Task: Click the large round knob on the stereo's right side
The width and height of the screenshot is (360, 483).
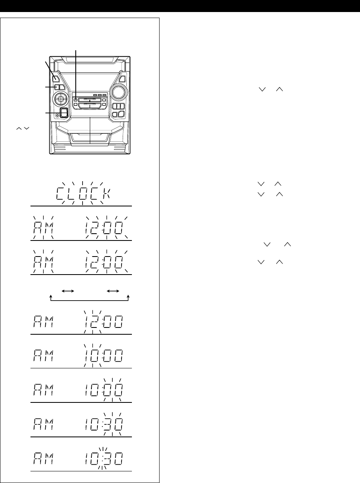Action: coord(119,92)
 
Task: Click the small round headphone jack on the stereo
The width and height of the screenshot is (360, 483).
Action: coord(57,115)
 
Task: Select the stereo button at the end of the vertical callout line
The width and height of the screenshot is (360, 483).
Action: coord(76,100)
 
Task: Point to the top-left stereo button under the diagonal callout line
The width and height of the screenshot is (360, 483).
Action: coord(56,78)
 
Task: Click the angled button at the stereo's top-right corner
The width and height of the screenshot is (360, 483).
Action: coord(122,79)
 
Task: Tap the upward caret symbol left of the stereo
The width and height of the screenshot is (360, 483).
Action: coord(19,128)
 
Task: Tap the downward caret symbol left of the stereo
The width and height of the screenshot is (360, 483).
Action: coord(26,128)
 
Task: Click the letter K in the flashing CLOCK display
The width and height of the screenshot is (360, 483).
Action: coord(107,194)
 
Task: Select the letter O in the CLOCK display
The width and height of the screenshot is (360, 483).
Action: coord(83,194)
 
